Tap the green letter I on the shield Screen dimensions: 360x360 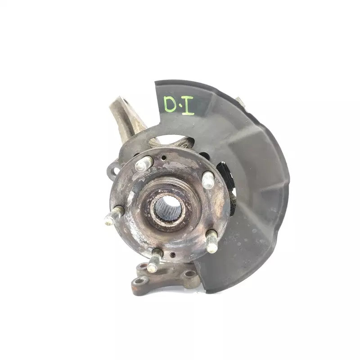coord(188,106)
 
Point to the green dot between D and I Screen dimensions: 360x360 coord(180,106)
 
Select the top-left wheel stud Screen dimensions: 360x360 coord(144,163)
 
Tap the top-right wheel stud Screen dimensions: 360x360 coord(208,180)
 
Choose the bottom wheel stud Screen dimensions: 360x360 coord(154,261)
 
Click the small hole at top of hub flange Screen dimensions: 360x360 coord(163,158)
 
